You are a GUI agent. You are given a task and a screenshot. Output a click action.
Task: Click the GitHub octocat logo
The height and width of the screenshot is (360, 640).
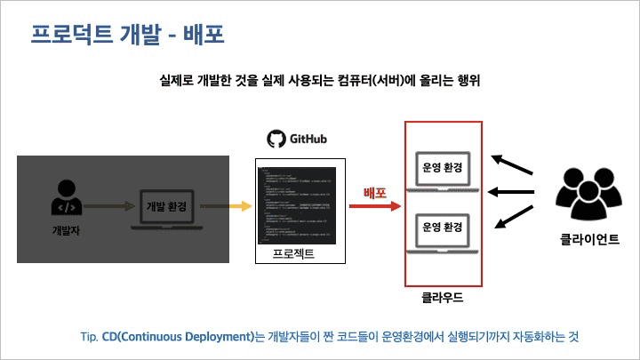point(276,139)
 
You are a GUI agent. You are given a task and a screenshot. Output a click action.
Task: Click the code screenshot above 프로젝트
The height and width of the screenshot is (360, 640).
point(297,205)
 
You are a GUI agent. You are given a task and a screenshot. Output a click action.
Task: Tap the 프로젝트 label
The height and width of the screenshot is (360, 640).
point(294,256)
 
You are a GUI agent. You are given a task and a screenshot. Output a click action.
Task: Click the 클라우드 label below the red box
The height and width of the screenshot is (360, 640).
point(442,297)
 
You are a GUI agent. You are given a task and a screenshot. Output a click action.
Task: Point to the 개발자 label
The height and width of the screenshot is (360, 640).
point(67,231)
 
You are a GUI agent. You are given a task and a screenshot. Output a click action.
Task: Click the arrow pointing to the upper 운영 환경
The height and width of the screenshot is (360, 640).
point(512,166)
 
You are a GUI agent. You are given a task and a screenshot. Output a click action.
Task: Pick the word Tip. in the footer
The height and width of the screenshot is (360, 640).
point(89,336)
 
